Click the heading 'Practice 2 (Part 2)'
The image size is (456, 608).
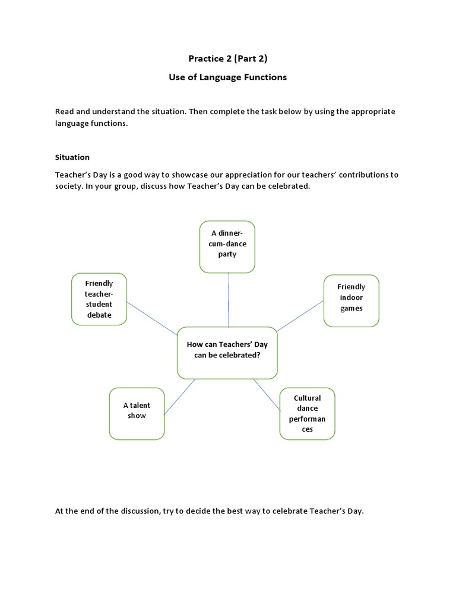(228, 58)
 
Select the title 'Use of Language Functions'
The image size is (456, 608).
(228, 77)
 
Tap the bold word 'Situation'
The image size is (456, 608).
(72, 157)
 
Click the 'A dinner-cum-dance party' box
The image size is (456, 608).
(227, 246)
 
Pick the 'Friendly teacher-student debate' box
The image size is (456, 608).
(99, 299)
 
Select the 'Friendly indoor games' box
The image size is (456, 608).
(351, 300)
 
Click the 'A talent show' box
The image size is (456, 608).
(137, 413)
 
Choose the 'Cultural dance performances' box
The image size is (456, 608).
(307, 413)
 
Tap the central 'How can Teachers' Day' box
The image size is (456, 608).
(227, 352)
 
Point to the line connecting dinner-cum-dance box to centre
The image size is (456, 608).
(229, 300)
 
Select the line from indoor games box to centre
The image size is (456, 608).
(300, 315)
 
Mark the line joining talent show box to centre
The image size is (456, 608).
(179, 397)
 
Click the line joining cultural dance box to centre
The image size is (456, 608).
(267, 395)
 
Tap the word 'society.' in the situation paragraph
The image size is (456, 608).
(70, 186)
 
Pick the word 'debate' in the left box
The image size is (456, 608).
(99, 315)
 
